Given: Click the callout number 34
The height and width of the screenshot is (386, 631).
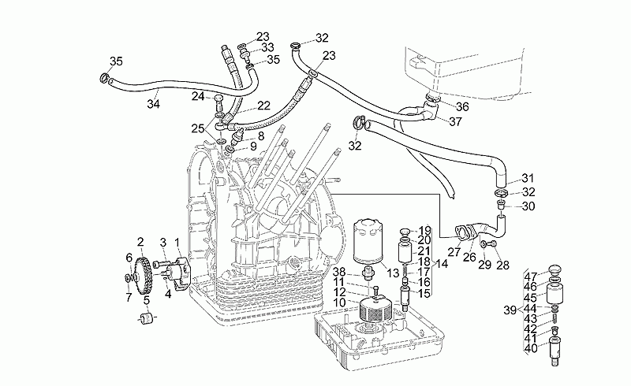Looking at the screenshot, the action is [153, 104].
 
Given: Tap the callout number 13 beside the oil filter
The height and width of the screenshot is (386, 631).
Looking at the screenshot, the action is [393, 274].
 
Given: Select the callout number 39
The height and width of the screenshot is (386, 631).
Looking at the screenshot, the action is [510, 310].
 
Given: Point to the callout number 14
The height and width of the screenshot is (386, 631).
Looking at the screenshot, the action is [442, 264].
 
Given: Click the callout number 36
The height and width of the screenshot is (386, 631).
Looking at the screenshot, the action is [462, 106].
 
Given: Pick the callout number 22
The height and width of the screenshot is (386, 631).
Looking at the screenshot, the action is [263, 106].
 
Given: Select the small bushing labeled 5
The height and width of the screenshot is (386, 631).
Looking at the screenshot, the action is [147, 318].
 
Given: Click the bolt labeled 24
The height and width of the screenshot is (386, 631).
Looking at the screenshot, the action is [219, 102].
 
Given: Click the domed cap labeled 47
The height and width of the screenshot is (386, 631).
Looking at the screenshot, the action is [555, 269].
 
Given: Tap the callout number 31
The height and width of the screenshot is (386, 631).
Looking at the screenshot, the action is [528, 178].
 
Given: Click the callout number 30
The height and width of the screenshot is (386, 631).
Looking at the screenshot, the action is [528, 206].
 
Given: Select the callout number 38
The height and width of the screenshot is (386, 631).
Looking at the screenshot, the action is [339, 272].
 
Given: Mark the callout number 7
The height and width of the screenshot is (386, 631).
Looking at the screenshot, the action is [129, 298].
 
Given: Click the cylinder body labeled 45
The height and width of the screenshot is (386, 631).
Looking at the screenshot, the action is [554, 294].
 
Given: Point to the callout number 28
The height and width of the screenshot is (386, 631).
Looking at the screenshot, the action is [503, 265].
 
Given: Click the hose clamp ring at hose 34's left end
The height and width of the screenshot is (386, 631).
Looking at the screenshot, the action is [104, 77].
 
